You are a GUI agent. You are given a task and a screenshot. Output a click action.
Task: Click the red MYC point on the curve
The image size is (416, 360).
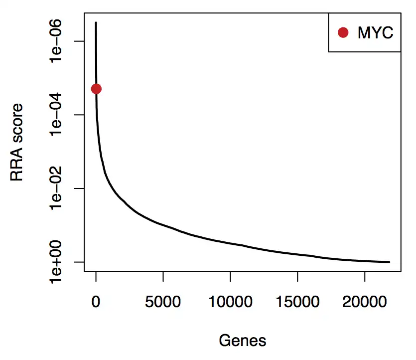[x=96, y=89]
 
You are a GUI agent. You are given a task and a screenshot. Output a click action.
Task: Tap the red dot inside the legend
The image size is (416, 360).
[x=343, y=32]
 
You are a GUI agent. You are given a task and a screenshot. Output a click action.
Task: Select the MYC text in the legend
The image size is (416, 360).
[x=375, y=33]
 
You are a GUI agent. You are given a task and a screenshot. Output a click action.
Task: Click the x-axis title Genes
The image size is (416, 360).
[x=242, y=341]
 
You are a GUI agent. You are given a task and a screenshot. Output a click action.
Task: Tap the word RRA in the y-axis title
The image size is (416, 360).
[x=18, y=165]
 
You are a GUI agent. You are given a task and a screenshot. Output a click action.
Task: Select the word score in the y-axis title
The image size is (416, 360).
[x=18, y=122]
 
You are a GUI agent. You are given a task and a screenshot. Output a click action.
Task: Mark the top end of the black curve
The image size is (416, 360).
[x=96, y=22]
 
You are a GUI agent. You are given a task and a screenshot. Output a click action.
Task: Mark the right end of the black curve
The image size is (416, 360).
[x=389, y=262]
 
